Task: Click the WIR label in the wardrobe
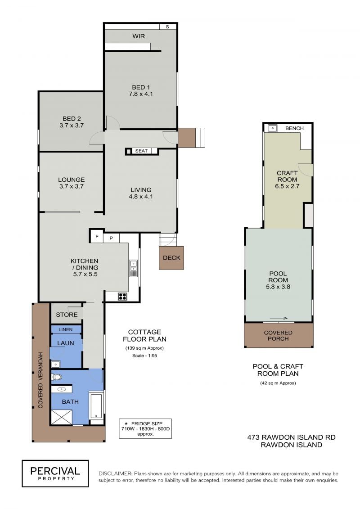click(x=139, y=36)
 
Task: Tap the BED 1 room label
click(x=141, y=87)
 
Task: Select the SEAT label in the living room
click(x=141, y=151)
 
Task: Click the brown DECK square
click(x=171, y=258)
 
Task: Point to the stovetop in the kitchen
click(x=122, y=296)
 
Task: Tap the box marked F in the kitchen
click(x=97, y=237)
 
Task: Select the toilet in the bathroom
click(x=57, y=377)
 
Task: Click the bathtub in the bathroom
click(x=96, y=405)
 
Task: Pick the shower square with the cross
click(x=62, y=417)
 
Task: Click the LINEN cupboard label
click(x=66, y=329)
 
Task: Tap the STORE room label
click(x=67, y=315)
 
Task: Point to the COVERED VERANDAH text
click(x=40, y=380)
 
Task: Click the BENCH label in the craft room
click(x=294, y=128)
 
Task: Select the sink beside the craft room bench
click(x=272, y=128)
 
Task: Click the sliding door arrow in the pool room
click(x=279, y=318)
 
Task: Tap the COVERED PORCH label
click(x=278, y=336)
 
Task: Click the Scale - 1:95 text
click(x=144, y=356)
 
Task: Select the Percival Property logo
click(x=55, y=473)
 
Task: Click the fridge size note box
click(x=145, y=428)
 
